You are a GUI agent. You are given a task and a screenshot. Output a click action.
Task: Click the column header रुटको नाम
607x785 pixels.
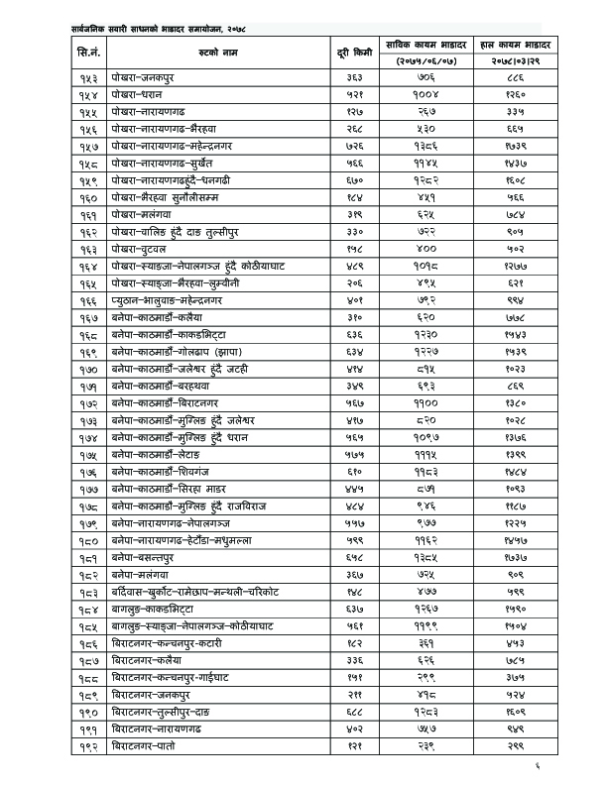tap(214, 49)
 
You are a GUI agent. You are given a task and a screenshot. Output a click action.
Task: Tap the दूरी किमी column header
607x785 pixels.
tap(355, 49)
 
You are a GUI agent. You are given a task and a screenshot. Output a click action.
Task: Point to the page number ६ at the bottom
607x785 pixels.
tap(537, 764)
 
